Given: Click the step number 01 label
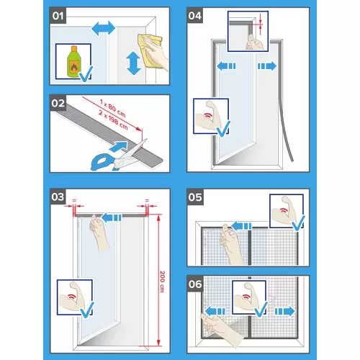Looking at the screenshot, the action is point(58,16).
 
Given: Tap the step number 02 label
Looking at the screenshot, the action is point(58,104).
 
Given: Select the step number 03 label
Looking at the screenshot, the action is point(58,197).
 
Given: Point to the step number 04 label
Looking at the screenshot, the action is point(194,16).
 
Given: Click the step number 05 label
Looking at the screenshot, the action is point(195,197).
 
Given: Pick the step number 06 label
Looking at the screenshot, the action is point(195,284).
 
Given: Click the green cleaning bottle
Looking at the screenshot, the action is point(73,62).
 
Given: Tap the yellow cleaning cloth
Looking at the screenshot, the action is point(149,50).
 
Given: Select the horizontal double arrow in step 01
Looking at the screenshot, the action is point(104,29).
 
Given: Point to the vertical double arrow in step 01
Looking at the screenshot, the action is point(134,64).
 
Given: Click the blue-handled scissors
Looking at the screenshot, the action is point(117,156).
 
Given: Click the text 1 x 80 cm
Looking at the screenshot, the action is point(112,108).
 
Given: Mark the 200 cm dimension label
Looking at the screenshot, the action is point(162,282).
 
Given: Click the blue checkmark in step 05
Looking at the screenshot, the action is point(298,223).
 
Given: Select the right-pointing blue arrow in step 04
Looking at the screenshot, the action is point(267,66).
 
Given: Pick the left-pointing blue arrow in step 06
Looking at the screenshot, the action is point(215,311).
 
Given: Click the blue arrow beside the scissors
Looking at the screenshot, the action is point(118,146).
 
